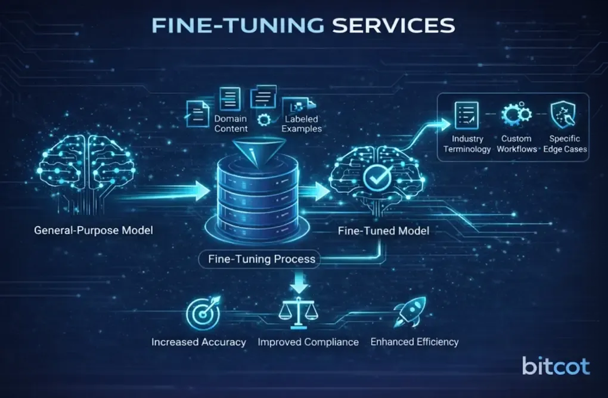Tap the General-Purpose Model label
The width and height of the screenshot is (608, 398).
click(x=93, y=231)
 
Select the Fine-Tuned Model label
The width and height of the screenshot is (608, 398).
click(x=383, y=231)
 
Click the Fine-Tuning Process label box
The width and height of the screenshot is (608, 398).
click(x=262, y=259)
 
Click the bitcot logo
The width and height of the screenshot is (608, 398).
click(x=555, y=366)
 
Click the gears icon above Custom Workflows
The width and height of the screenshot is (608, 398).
click(x=516, y=114)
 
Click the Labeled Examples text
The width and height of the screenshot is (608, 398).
click(x=302, y=124)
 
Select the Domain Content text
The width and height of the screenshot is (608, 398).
click(x=231, y=124)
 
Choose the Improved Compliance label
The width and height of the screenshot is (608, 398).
click(x=308, y=342)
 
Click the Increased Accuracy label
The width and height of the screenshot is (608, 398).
click(x=199, y=342)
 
